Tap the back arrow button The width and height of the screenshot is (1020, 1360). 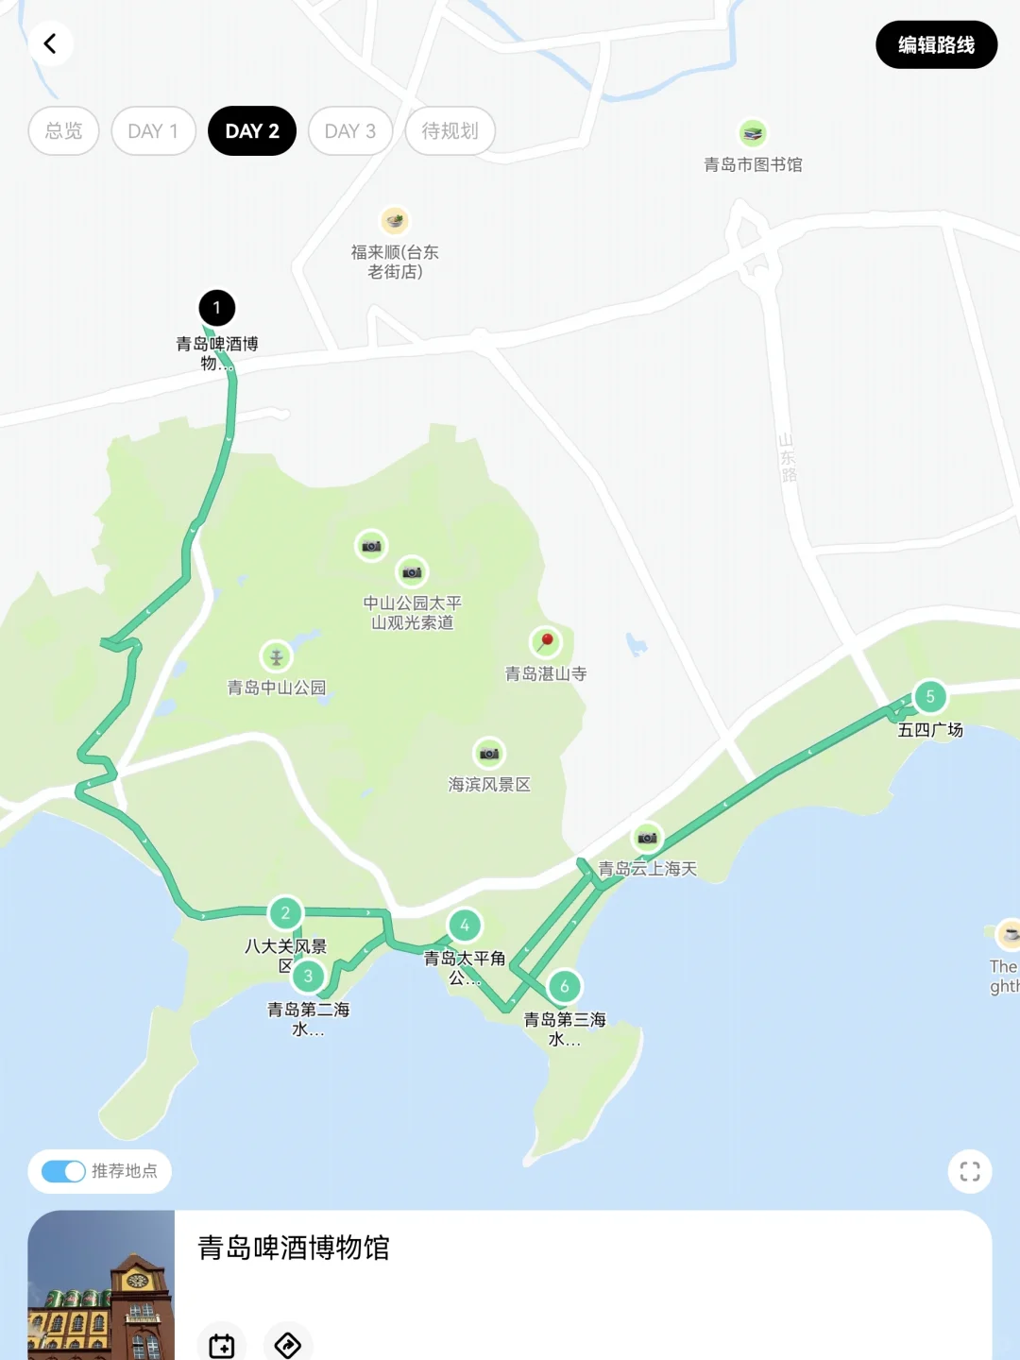50,43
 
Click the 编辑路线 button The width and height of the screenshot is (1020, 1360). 936,44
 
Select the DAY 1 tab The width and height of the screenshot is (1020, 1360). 153,131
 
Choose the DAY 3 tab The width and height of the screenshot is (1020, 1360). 350,131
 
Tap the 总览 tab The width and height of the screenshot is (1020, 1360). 63,131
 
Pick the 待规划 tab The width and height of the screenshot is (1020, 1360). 450,131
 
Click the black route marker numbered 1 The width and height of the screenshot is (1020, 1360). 216,307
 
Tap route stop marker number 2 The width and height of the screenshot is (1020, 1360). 285,912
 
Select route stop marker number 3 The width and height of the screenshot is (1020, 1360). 308,976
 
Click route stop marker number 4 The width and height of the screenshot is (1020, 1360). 465,926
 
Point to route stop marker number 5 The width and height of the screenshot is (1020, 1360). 930,697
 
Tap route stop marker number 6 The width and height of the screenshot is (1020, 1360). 565,987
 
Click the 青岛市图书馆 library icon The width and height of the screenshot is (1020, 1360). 753,134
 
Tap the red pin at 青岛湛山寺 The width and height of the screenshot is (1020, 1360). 546,642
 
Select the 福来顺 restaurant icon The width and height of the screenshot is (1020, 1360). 395,221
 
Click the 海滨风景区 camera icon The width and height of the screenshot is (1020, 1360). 489,754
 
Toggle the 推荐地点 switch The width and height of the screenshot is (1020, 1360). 64,1171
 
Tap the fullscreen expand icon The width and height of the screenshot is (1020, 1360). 970,1171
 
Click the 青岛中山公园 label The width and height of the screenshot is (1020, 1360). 277,688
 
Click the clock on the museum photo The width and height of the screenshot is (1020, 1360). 138,1281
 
